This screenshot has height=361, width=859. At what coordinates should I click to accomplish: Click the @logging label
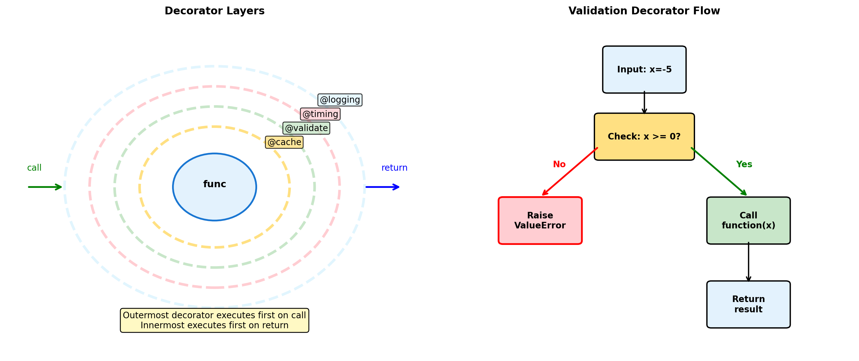(340, 100)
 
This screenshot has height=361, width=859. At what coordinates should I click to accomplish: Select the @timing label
(320, 114)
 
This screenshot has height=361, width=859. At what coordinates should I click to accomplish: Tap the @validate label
(306, 128)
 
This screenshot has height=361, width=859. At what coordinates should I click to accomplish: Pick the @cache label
(284, 142)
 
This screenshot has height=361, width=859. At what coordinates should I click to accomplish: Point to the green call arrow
(45, 187)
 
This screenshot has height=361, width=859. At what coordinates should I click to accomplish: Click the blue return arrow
(382, 187)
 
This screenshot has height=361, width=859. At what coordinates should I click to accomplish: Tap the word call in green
(34, 168)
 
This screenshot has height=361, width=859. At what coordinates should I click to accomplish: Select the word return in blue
(394, 168)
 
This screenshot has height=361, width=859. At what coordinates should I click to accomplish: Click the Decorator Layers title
(214, 11)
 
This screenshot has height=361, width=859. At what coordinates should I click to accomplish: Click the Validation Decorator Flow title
(644, 11)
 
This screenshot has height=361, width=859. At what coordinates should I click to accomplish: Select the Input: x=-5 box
(644, 70)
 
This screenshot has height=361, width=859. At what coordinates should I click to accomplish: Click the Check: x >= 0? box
(644, 137)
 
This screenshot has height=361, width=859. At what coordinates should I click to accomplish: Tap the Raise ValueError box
(540, 220)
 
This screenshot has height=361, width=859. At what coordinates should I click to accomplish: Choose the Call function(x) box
(748, 220)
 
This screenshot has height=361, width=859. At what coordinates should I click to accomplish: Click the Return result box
(748, 304)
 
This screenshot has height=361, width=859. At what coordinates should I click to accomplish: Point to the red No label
(559, 164)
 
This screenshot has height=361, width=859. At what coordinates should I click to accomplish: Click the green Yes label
(744, 164)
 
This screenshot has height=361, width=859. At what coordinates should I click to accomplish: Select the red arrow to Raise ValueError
(570, 171)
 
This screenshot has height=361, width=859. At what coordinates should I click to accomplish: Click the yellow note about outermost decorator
(214, 320)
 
